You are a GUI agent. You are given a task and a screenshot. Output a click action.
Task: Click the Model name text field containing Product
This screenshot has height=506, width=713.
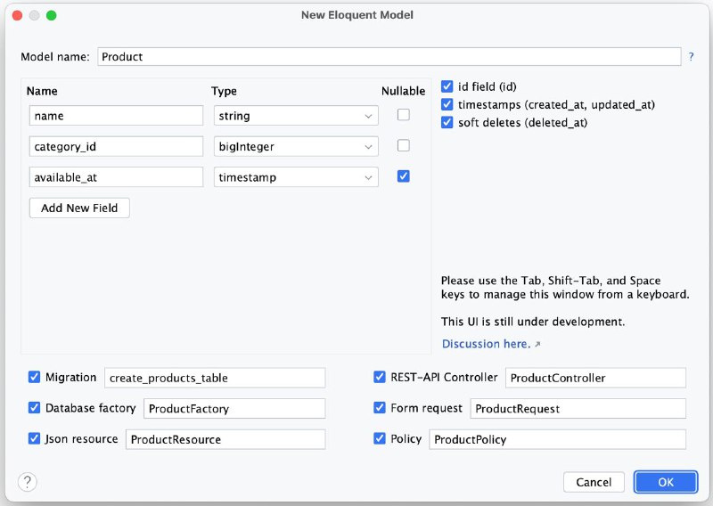pyautogui.click(x=389, y=56)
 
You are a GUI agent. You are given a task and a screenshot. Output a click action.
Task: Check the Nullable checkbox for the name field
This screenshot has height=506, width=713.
pyautogui.click(x=404, y=115)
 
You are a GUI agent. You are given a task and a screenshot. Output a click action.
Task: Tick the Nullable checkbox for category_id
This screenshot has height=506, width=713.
pyautogui.click(x=404, y=145)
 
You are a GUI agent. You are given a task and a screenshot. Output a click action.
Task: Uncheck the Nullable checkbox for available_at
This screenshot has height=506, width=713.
pyautogui.click(x=404, y=175)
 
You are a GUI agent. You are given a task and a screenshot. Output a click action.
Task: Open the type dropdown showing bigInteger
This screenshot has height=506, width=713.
pyautogui.click(x=296, y=146)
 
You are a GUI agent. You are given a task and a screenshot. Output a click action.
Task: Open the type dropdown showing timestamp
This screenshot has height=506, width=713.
pyautogui.click(x=296, y=177)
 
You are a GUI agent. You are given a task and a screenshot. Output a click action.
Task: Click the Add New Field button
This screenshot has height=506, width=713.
pyautogui.click(x=79, y=208)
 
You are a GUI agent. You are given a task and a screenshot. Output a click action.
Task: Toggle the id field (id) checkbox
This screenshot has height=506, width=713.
pyautogui.click(x=447, y=86)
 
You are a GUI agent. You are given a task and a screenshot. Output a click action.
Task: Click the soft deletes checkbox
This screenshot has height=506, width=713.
pyautogui.click(x=447, y=122)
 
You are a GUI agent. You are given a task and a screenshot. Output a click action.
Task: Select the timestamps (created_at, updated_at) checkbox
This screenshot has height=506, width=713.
pyautogui.click(x=447, y=104)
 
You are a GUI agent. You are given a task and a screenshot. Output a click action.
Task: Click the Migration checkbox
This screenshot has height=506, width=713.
pyautogui.click(x=34, y=377)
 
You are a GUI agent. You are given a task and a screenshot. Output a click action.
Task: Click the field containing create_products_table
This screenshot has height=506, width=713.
pyautogui.click(x=215, y=378)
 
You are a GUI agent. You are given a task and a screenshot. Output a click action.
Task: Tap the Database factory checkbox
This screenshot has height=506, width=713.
pyautogui.click(x=34, y=408)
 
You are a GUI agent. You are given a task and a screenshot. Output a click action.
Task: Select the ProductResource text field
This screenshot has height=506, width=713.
pyautogui.click(x=225, y=439)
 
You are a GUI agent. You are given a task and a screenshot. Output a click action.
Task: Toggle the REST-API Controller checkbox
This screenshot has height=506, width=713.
pyautogui.click(x=380, y=377)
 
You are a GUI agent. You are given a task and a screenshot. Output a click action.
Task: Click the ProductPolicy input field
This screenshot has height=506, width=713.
pyautogui.click(x=558, y=439)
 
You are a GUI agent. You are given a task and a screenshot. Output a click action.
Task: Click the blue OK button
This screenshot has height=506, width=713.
pyautogui.click(x=666, y=482)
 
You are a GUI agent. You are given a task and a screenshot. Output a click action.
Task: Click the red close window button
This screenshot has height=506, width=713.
pyautogui.click(x=17, y=15)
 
